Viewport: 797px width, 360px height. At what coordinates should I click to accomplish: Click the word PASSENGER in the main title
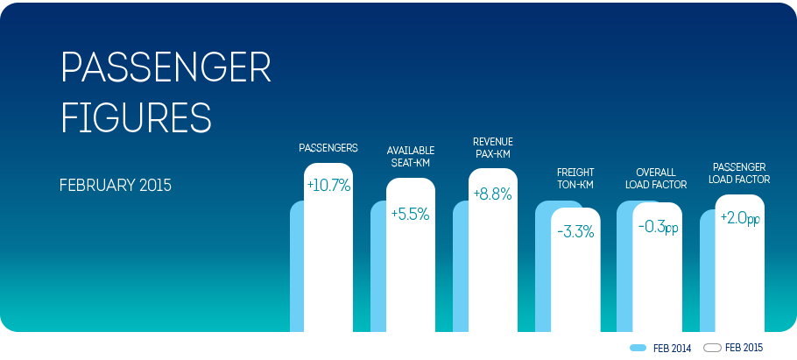click(x=166, y=67)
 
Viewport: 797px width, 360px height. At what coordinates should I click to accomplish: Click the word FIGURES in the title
click(x=137, y=116)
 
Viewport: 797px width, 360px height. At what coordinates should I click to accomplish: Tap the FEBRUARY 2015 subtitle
click(x=116, y=185)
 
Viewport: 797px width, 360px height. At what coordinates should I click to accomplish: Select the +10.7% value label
click(x=328, y=186)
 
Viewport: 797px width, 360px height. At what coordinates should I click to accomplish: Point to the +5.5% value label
click(x=411, y=215)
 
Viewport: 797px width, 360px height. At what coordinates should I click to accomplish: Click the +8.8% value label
click(x=492, y=194)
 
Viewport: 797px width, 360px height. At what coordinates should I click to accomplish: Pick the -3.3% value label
click(x=575, y=232)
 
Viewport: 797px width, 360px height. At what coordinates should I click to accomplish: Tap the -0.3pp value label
click(x=658, y=227)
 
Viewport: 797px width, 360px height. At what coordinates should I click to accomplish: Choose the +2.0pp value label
click(x=740, y=218)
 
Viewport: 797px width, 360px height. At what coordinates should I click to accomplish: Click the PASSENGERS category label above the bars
click(x=328, y=148)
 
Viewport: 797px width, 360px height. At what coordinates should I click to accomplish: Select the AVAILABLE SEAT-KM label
click(x=411, y=156)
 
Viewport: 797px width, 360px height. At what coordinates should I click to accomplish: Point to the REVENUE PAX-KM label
click(x=492, y=146)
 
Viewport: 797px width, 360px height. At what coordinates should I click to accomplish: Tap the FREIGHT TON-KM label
click(x=575, y=178)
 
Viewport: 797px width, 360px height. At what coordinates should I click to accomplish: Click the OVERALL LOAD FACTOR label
click(x=656, y=179)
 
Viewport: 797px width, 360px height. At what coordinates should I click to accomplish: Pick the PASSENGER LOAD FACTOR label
click(x=741, y=173)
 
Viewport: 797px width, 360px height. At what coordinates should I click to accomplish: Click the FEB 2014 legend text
click(x=673, y=349)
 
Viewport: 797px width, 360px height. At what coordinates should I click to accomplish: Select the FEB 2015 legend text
click(x=744, y=348)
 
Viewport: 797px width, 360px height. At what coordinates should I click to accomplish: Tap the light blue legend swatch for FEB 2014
click(x=638, y=349)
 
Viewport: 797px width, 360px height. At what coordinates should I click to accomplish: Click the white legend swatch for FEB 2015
click(x=712, y=348)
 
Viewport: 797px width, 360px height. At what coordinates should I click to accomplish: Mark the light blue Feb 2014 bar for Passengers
click(x=297, y=266)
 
